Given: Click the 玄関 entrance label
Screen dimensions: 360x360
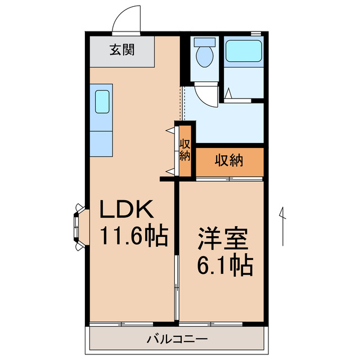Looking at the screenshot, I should click(121, 50).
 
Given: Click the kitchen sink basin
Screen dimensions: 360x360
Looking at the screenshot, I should click(102, 102).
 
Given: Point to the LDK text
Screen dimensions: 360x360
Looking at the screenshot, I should click(126, 210).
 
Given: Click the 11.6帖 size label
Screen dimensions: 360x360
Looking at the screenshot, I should click(134, 236).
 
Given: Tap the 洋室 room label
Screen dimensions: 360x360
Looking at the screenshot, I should click(223, 238).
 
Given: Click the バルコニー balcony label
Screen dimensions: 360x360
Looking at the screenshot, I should click(177, 339).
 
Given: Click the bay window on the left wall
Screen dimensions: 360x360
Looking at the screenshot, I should click(78, 227).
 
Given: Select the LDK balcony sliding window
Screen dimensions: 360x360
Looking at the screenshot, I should click(121, 325).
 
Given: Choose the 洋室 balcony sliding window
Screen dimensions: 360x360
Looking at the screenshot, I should click(211, 325).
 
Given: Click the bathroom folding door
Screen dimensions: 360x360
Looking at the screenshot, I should click(242, 98).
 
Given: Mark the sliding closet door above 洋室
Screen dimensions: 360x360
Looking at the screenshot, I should click(229, 179).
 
